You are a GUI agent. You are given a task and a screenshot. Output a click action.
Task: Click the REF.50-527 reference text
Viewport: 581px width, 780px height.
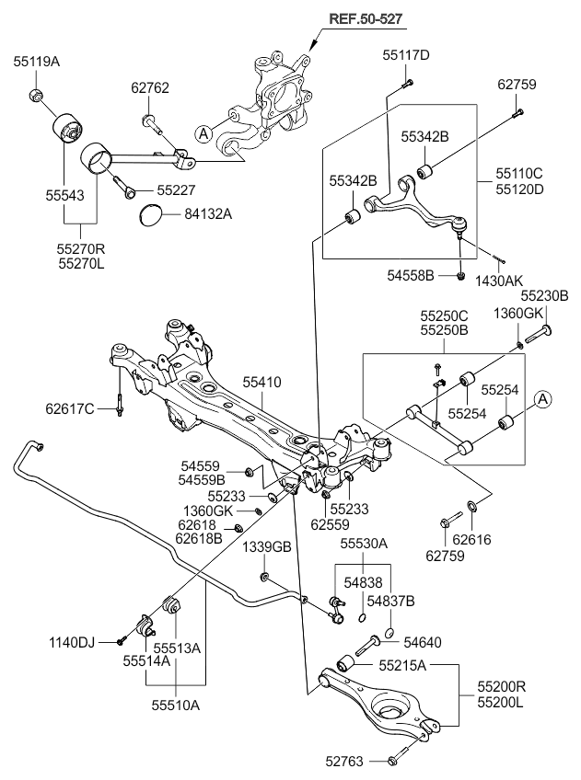(x=366, y=19)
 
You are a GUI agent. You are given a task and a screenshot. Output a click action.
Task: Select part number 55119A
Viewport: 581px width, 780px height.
(x=36, y=62)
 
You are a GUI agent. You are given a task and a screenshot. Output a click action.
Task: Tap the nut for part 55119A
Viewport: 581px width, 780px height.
(x=35, y=93)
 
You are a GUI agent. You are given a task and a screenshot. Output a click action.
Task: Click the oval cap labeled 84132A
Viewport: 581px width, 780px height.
(x=150, y=214)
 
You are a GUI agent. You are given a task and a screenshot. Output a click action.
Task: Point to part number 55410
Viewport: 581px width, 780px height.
(x=262, y=382)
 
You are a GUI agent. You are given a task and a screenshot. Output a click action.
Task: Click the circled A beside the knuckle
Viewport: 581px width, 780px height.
(x=203, y=133)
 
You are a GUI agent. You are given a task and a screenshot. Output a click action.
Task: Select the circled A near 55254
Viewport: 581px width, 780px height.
(x=543, y=399)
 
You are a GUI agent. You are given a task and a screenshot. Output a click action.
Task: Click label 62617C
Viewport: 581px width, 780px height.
(x=70, y=409)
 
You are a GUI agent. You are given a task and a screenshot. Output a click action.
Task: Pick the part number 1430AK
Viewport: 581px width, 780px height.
(x=499, y=281)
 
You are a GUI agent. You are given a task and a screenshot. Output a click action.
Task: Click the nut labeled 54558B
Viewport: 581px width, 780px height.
(x=461, y=276)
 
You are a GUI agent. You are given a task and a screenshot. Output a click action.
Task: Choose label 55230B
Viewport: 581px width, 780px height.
(x=545, y=296)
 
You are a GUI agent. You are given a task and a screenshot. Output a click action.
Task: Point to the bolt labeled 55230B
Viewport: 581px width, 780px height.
(x=538, y=335)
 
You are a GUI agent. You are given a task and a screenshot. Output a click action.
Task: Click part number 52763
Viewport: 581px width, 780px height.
(x=344, y=761)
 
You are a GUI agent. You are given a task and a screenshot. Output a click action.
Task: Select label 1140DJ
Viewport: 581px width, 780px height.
(x=72, y=642)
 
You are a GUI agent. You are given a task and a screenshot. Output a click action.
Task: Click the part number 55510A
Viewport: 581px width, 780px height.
(x=176, y=705)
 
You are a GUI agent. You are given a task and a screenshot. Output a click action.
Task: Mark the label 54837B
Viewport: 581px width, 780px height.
(x=390, y=601)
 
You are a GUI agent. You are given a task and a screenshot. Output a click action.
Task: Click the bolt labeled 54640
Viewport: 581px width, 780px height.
(x=366, y=646)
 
